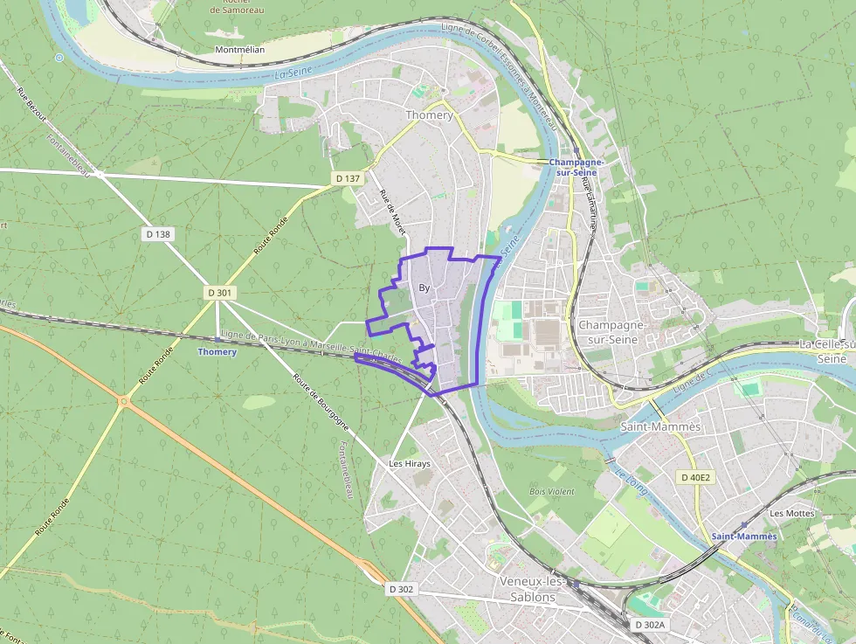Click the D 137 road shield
pos(348,178)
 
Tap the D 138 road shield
pos(157,234)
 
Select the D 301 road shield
pos(219,293)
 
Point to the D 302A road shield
pos(650,625)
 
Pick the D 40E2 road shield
pos(696,477)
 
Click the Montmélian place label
pos(239,50)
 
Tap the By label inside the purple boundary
pos(425,287)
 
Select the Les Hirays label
pos(410,463)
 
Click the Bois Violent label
pos(552,491)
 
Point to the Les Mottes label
pos(792,513)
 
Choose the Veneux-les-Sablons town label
pos(528,589)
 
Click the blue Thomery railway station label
pos(217,351)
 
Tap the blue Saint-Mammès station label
pos(743,536)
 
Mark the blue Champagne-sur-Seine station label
pos(577,168)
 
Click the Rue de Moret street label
pos(392,212)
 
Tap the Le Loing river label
pos(631,480)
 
